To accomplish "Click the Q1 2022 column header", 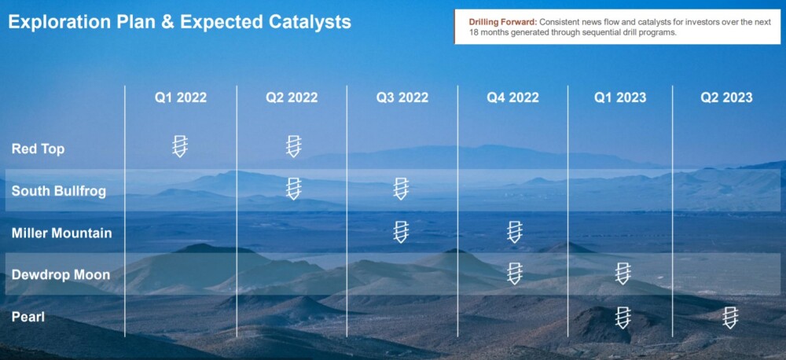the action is pos(181,97).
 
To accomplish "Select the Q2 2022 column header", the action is pos(292,97).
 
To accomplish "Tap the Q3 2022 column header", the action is pos(402,97).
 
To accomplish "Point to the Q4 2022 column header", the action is pos(512,97).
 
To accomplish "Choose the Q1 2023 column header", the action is pos(620,97).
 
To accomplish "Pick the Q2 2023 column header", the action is pos(726,97).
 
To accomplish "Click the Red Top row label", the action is pos(38,149).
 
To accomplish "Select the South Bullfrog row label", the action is pos(59,191).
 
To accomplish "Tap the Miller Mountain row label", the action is pos(61,233).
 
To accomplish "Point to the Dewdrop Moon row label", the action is pos(61,275).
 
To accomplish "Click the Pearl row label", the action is pos(28,317).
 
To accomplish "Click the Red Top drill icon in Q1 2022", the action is pos(180,146).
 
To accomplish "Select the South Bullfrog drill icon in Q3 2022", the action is pos(401,189).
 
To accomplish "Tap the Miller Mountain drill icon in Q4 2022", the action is pos(514,232).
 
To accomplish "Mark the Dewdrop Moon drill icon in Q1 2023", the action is pos(623,274).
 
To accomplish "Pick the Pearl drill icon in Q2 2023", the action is pos(730,318).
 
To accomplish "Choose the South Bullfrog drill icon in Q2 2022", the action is pos(294,189).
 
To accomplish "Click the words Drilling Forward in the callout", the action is pos(503,23).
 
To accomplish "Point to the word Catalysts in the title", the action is pos(307,22).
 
